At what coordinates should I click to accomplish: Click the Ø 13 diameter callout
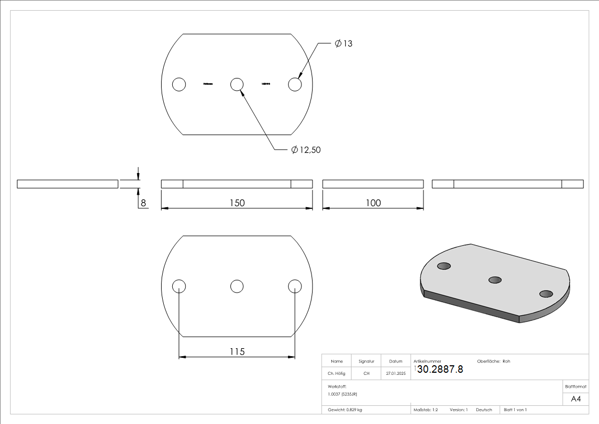click(344, 44)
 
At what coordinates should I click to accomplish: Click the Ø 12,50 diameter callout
click(306, 151)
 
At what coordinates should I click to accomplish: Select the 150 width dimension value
click(237, 203)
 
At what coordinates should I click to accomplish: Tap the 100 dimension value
click(373, 203)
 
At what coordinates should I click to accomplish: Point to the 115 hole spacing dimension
click(237, 351)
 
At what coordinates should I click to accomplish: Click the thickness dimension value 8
click(143, 203)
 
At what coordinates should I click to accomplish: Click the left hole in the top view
click(179, 84)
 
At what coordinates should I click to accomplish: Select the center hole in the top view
click(237, 84)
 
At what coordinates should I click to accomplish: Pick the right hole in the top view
click(295, 84)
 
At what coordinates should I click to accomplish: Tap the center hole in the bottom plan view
click(237, 286)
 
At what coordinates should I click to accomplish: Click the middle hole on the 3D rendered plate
click(495, 279)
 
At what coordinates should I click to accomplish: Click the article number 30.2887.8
click(440, 369)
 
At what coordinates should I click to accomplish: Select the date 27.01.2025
click(395, 374)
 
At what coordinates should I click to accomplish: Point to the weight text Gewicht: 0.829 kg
click(345, 410)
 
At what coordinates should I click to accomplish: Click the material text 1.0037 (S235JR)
click(342, 394)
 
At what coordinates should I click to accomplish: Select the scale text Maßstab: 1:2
click(426, 410)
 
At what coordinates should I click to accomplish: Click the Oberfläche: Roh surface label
click(493, 362)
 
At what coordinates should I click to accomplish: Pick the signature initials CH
click(366, 374)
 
